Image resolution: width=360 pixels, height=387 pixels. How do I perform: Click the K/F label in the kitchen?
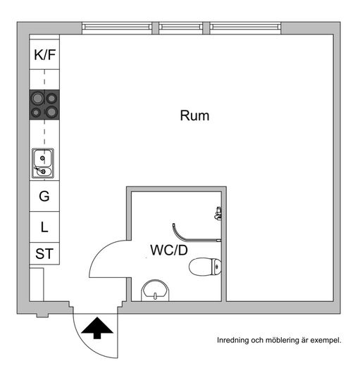click(44, 55)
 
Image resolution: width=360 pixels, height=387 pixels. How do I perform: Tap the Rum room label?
click(194, 115)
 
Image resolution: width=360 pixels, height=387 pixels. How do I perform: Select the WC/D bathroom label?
click(169, 250)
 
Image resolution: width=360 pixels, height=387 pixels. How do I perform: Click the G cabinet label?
click(44, 196)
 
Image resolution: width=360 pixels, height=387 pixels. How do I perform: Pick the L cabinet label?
click(44, 227)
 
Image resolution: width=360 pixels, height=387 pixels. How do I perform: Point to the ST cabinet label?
click(44, 254)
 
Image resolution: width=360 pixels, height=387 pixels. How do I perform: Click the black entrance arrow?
click(97, 328)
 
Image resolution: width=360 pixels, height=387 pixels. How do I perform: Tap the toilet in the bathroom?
click(205, 267)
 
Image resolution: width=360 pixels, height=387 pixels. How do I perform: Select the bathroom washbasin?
click(155, 291)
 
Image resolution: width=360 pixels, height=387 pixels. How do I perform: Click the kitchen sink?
click(43, 163)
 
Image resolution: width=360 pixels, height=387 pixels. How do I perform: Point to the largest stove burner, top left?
click(37, 99)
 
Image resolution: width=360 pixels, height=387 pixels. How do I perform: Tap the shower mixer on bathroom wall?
click(218, 213)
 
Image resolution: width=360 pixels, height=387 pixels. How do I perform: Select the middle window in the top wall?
click(180, 27)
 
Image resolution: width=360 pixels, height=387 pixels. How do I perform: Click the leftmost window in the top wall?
click(117, 27)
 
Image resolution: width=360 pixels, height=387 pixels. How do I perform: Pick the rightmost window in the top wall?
click(245, 27)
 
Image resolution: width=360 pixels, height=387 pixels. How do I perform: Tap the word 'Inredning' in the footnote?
click(232, 341)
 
